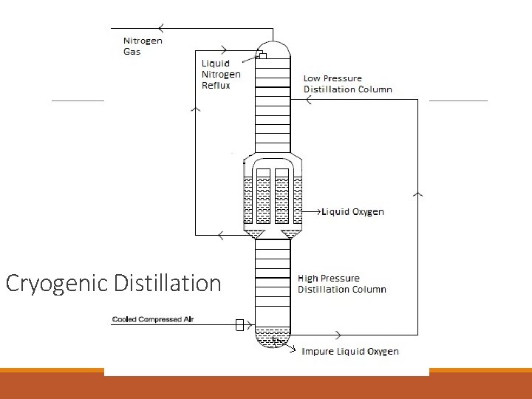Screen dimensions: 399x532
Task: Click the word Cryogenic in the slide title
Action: [x=57, y=284]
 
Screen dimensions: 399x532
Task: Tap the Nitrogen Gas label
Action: [x=142, y=46]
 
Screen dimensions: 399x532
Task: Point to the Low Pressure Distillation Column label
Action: [x=347, y=83]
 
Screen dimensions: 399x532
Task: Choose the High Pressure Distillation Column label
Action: [x=341, y=284]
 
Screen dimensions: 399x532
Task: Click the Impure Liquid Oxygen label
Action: [x=349, y=351]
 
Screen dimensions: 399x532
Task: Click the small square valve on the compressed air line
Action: [x=239, y=324]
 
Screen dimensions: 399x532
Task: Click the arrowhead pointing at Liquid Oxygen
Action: [x=323, y=212]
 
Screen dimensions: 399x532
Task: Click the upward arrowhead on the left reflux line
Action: [x=195, y=109]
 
